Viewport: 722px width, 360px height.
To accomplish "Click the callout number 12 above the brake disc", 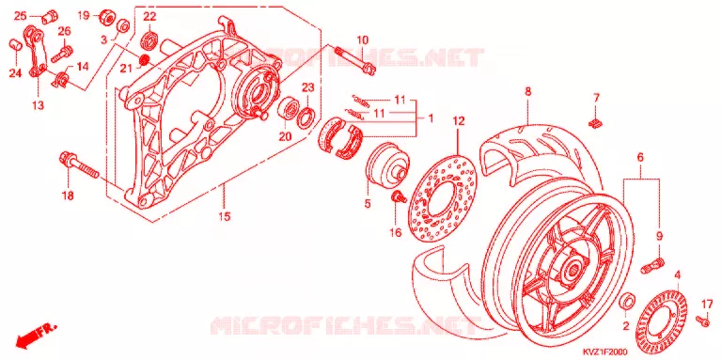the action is click(459, 122).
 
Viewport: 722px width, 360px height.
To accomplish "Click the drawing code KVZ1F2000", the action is click(606, 352).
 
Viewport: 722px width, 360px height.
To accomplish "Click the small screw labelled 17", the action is click(702, 320).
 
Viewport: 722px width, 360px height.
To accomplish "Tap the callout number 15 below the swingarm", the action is click(225, 216).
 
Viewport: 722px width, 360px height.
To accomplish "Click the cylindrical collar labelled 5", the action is click(387, 164).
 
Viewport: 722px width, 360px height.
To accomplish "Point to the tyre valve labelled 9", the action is click(653, 266).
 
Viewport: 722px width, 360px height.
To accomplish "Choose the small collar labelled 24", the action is click(16, 46).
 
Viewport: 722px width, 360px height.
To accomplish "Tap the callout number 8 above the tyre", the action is click(527, 91).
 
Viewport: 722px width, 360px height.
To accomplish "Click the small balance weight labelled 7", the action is click(596, 122).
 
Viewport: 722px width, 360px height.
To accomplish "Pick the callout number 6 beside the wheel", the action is click(640, 158).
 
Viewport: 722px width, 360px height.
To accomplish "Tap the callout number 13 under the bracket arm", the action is click(38, 105).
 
